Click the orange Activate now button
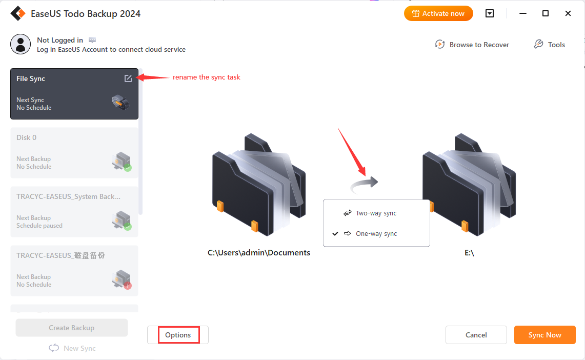[438, 13]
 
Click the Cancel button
[476, 335]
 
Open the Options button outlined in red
[178, 335]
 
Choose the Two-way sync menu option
[376, 213]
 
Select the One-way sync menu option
[376, 233]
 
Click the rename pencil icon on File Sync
[128, 78]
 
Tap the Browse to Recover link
[472, 45]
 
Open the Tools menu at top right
[550, 45]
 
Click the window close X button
[568, 13]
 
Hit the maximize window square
[546, 13]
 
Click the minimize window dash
[523, 13]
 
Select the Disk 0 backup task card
[74, 153]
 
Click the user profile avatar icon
[21, 44]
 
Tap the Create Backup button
[72, 328]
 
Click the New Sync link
[72, 348]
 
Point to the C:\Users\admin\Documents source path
[259, 252]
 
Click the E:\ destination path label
[469, 252]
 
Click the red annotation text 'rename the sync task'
[206, 77]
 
